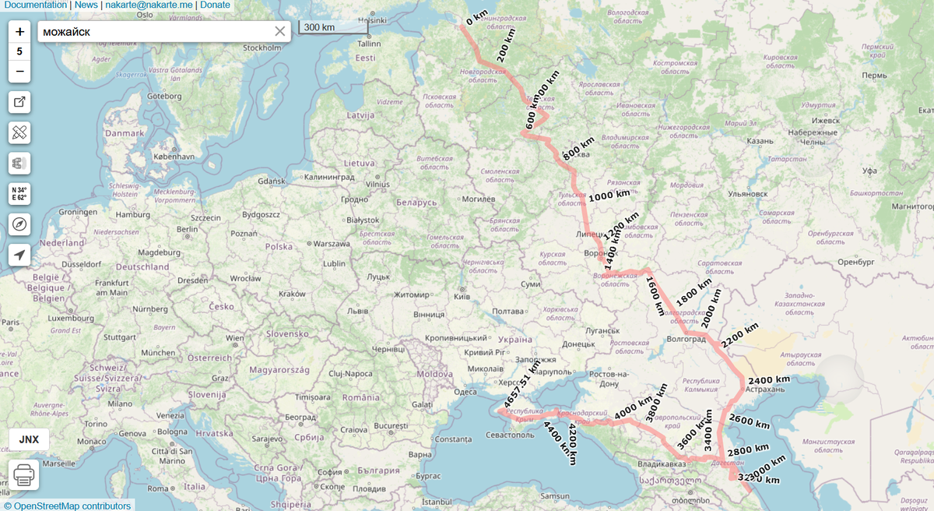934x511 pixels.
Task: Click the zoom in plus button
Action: pos(19,32)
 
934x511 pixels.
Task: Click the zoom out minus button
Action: pos(19,71)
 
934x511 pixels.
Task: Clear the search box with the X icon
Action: pos(280,31)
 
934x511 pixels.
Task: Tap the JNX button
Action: pos(29,439)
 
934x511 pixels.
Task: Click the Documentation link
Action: pos(35,5)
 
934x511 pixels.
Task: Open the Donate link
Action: pos(215,5)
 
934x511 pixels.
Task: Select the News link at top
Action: pos(86,5)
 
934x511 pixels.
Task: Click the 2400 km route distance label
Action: pos(769,380)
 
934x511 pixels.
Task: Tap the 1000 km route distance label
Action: pos(609,196)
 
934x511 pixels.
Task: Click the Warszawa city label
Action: pos(331,243)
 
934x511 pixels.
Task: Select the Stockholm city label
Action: pos(262,48)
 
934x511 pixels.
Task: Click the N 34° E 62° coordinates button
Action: pos(19,194)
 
